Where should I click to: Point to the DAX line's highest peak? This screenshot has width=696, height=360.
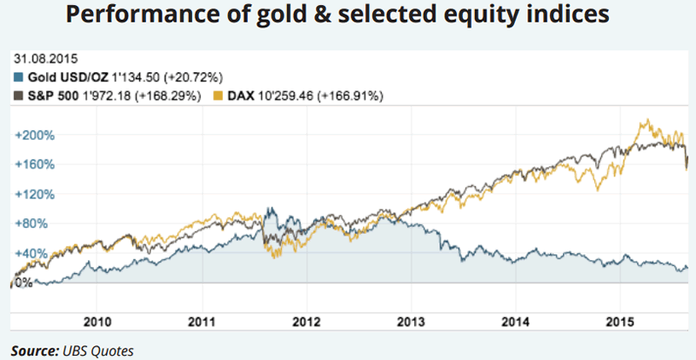pos(645,121)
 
